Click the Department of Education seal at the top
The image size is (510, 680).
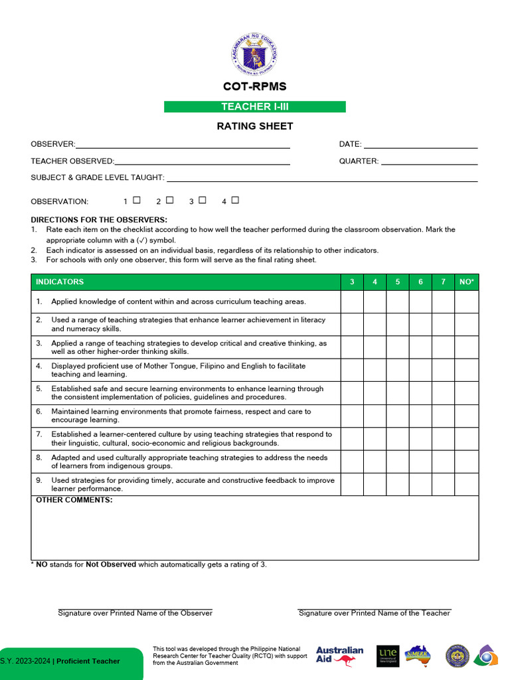(x=254, y=54)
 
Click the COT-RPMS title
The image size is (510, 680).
(x=255, y=87)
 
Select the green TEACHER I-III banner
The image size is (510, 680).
(x=255, y=107)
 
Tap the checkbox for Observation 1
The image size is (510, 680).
(x=137, y=200)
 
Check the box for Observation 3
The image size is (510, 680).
(x=203, y=200)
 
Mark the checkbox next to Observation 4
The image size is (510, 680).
(x=235, y=200)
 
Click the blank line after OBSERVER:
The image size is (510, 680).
(x=183, y=145)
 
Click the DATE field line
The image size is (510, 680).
(x=420, y=145)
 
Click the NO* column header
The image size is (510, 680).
(x=467, y=282)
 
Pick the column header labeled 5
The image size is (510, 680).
(x=398, y=282)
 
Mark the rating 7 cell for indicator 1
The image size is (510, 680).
(x=443, y=301)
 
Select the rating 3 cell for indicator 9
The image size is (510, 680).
(x=352, y=484)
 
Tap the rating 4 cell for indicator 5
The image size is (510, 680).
(x=375, y=393)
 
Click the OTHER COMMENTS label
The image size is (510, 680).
(x=74, y=500)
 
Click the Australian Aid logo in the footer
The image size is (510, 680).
(x=339, y=656)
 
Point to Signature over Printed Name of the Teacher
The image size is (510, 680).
(x=374, y=613)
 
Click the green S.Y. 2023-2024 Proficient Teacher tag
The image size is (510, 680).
(x=70, y=661)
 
